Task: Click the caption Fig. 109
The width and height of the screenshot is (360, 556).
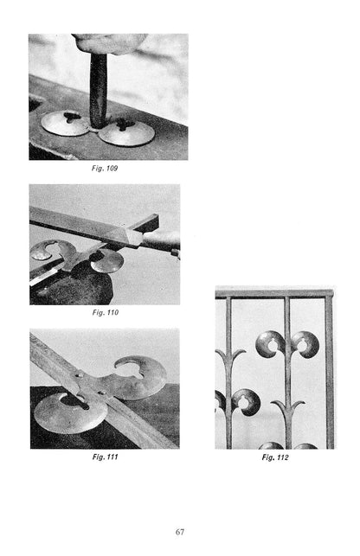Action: pos(105,168)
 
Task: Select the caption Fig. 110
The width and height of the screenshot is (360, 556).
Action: pos(105,312)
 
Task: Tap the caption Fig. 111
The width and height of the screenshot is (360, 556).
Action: pos(105,457)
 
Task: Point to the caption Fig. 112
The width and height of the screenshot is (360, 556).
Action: pos(275,457)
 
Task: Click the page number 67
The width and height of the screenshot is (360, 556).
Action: pos(180,532)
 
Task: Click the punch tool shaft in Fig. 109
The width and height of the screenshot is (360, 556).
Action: pos(99,91)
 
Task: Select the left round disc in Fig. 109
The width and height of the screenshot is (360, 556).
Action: pos(65,123)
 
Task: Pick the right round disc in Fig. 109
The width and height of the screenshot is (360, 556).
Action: pos(126,132)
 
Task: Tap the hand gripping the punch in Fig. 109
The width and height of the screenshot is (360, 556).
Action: pos(108,43)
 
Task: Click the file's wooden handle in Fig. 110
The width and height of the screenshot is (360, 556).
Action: pos(160,240)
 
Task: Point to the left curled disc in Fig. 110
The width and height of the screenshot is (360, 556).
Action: pos(52,250)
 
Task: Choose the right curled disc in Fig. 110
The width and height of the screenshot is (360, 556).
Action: pos(106,261)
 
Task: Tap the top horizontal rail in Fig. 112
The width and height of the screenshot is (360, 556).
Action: pos(274,294)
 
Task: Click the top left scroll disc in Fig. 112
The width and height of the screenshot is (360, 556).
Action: pos(269,344)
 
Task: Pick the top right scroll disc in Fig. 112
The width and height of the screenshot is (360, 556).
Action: pos(306,344)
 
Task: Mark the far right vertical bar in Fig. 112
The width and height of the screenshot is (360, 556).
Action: pos(330,373)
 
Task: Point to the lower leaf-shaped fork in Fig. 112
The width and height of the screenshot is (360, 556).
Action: pos(288,412)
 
